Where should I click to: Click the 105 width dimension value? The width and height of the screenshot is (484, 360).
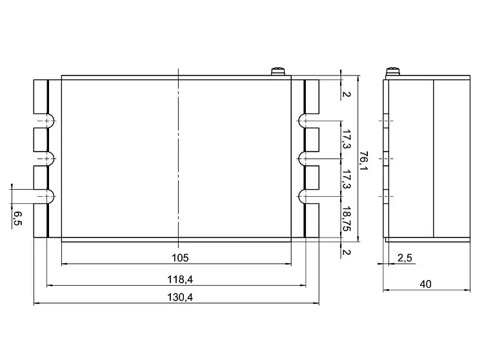click(x=180, y=257)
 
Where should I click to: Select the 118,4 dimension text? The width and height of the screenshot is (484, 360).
click(x=180, y=279)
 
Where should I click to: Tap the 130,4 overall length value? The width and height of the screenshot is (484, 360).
click(x=180, y=297)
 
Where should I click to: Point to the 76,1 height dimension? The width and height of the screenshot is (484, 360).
click(x=364, y=160)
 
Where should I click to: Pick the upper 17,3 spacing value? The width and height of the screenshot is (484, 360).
click(x=347, y=139)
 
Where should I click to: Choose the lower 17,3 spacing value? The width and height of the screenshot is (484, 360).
click(x=347, y=179)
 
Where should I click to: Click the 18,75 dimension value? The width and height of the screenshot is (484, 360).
click(x=347, y=219)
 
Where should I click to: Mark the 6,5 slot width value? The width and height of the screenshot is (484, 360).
click(x=17, y=219)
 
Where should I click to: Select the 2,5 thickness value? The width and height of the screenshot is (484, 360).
click(x=405, y=257)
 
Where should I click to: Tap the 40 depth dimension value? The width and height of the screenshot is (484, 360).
click(x=425, y=284)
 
